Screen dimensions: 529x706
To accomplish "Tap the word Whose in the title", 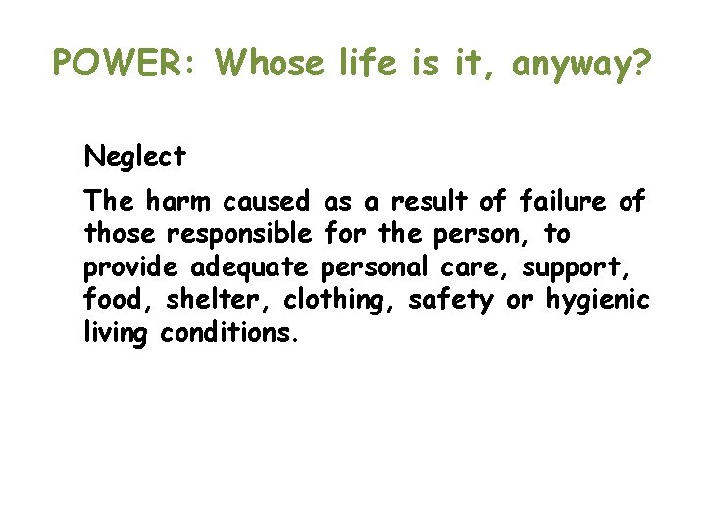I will click(270, 64).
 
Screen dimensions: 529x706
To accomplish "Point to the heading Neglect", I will click(134, 157).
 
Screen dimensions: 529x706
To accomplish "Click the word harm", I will click(179, 202).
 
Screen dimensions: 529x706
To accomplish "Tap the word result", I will click(431, 202).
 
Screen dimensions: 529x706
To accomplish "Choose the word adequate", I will click(250, 267).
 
